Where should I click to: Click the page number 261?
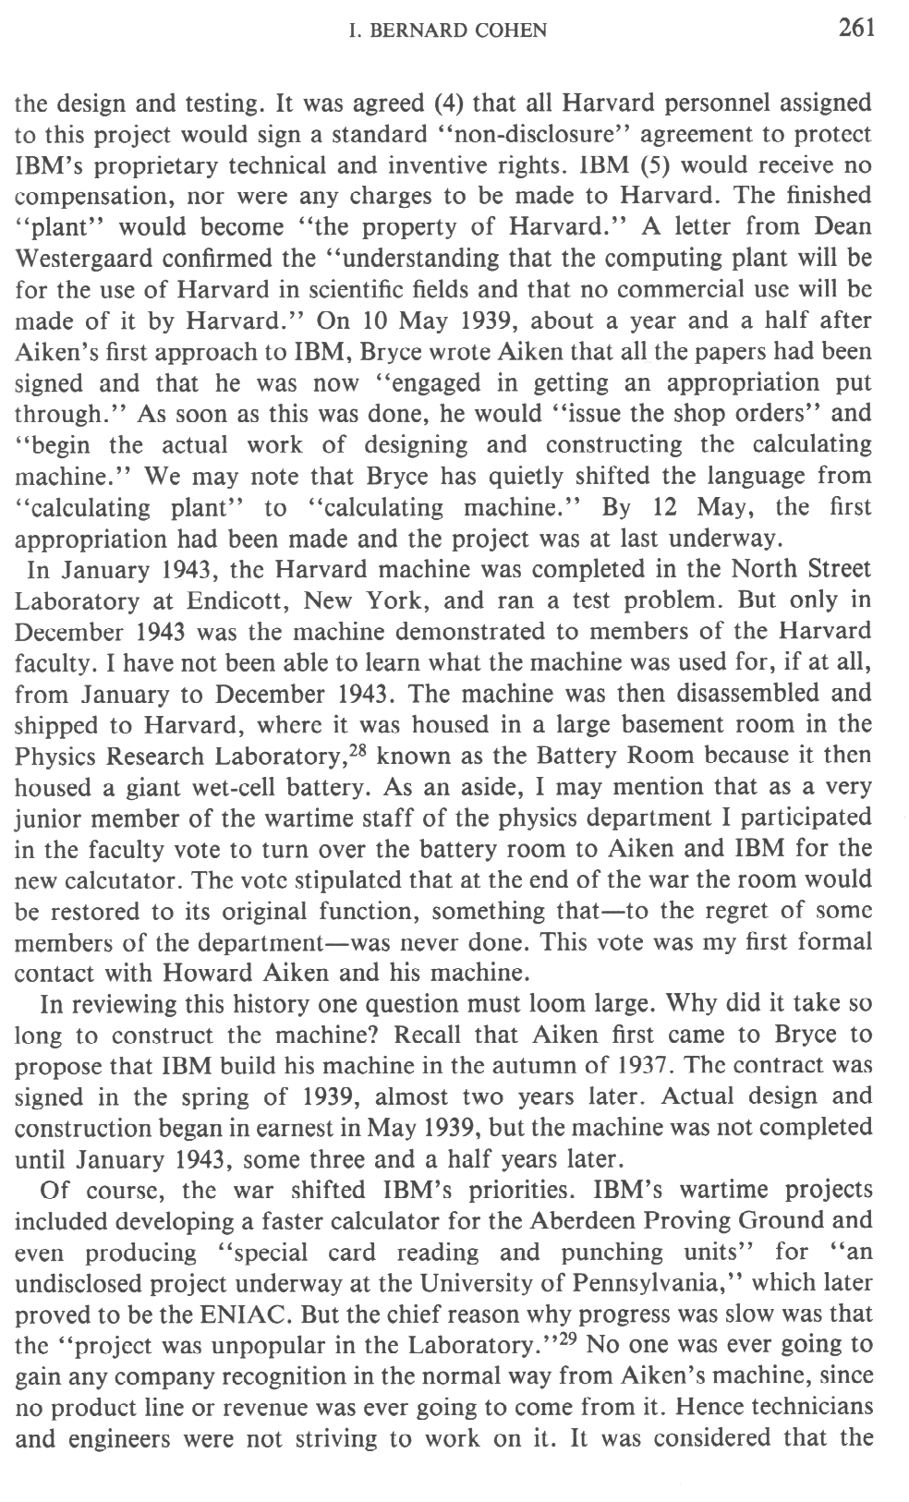pos(856,28)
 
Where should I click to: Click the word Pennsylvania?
pos(658,1284)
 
